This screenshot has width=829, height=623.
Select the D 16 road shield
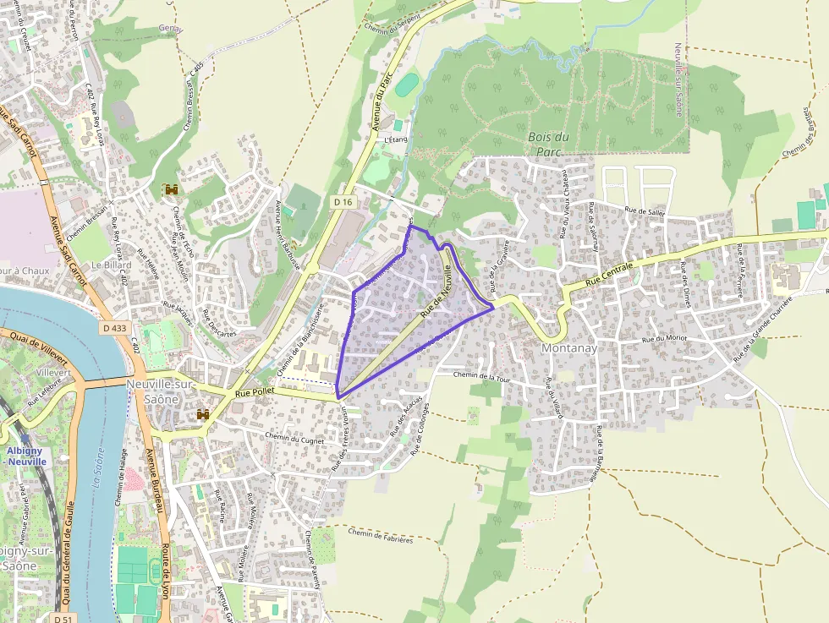click(x=343, y=202)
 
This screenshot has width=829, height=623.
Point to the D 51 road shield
click(x=61, y=619)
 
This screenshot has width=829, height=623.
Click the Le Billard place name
click(x=109, y=265)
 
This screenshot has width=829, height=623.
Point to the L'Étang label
click(x=396, y=139)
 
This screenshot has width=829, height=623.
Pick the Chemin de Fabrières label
click(x=380, y=535)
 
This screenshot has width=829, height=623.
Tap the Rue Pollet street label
click(x=253, y=392)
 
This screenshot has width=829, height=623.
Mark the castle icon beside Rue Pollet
click(x=203, y=414)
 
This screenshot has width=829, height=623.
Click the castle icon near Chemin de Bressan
click(x=173, y=189)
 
